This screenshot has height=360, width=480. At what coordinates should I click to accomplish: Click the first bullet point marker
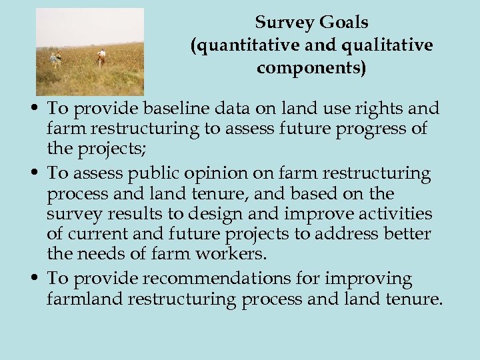[38, 109]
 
